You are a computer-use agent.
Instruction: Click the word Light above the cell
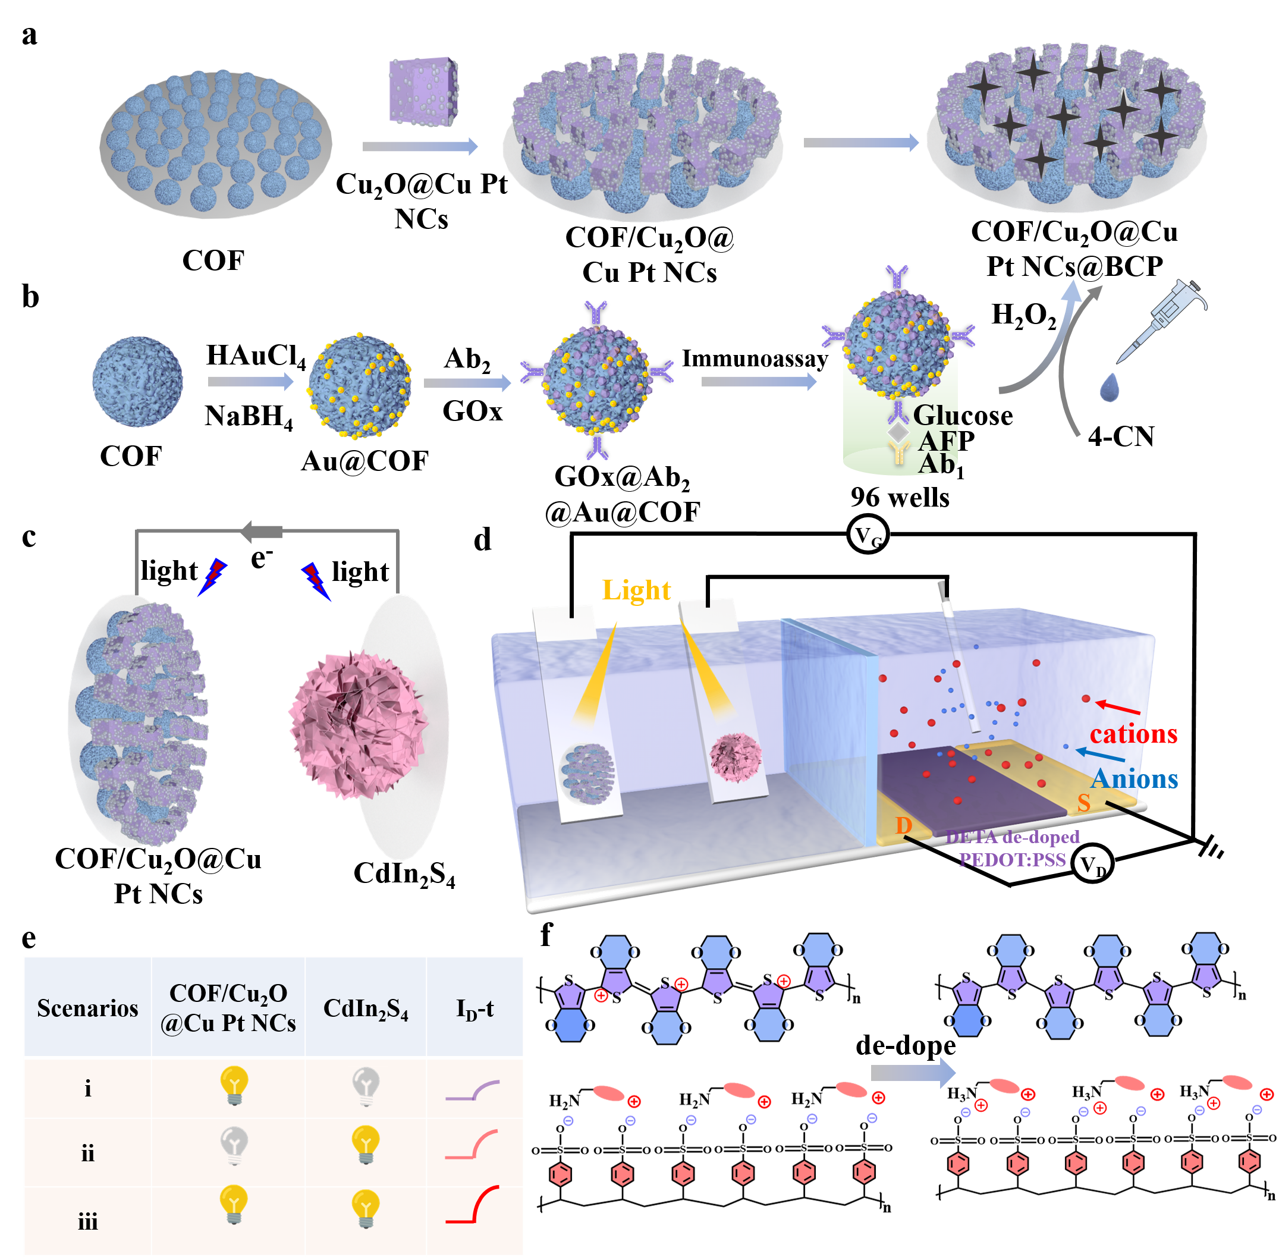(x=636, y=589)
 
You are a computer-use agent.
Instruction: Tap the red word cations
(x=1133, y=734)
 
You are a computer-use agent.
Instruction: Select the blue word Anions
(x=1134, y=779)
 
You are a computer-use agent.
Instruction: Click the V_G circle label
(x=867, y=535)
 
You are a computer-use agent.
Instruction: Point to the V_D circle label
(x=1092, y=864)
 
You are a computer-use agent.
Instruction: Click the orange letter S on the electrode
(x=1083, y=803)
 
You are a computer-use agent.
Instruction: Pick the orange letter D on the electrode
(x=903, y=825)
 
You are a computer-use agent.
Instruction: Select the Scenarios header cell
(x=87, y=1008)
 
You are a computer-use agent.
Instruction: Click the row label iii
(x=87, y=1222)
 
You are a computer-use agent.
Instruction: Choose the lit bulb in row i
(x=234, y=1085)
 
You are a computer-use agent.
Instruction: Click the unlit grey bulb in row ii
(x=234, y=1146)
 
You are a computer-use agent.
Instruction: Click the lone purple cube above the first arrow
(x=423, y=90)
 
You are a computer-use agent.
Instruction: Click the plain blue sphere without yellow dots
(x=137, y=381)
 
